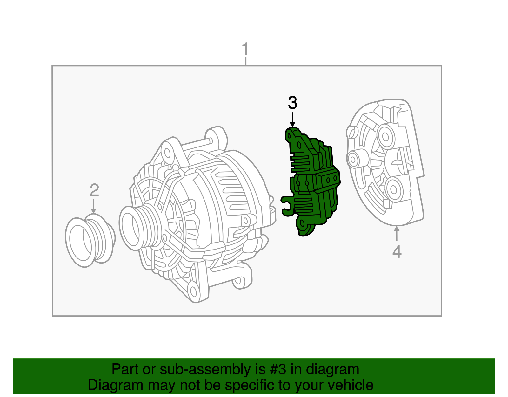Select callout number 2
click(x=94, y=190)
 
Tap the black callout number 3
click(x=292, y=103)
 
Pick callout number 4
click(x=397, y=251)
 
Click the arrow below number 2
click(x=93, y=206)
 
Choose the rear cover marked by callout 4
click(x=386, y=162)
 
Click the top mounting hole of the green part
click(x=289, y=136)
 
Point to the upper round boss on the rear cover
click(x=385, y=136)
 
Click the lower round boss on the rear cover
click(x=394, y=189)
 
